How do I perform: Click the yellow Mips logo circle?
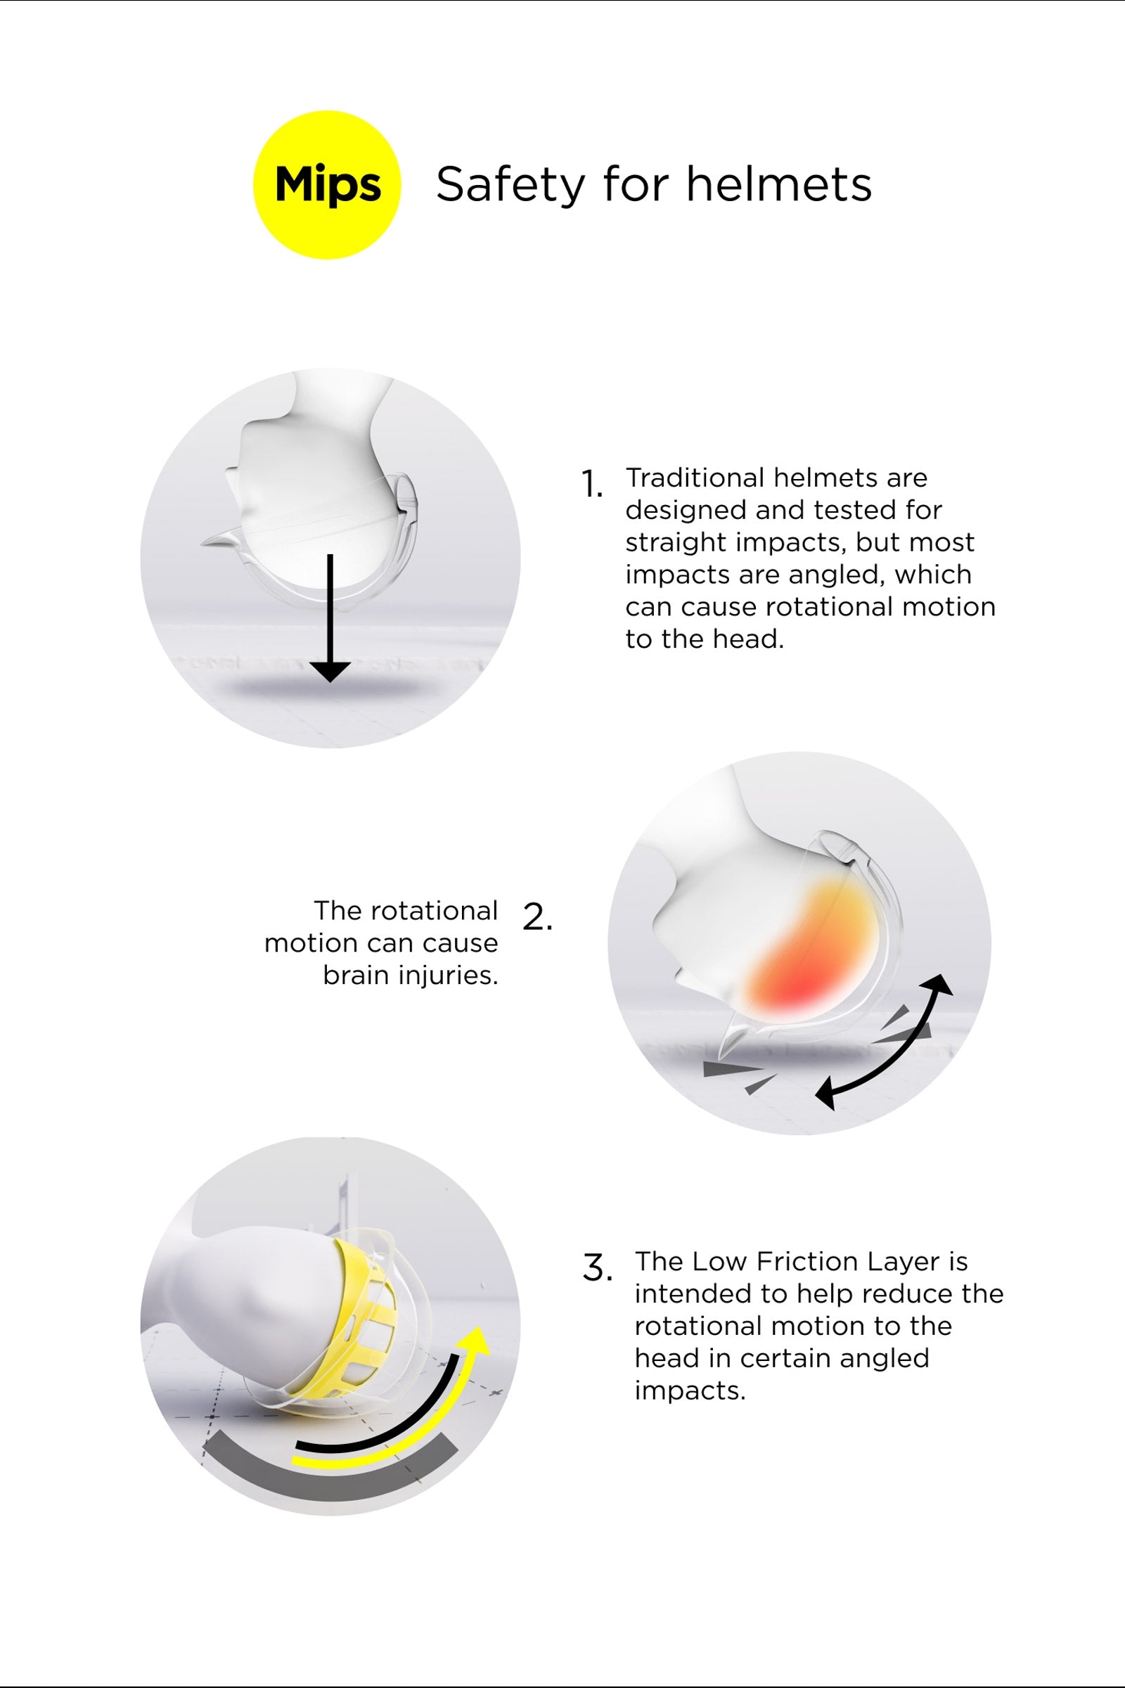tap(327, 184)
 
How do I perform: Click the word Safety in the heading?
tap(509, 185)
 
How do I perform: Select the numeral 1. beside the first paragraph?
tap(591, 485)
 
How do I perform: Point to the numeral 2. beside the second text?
tap(537, 917)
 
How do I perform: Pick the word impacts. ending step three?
tap(690, 1391)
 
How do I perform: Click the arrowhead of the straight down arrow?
tap(330, 672)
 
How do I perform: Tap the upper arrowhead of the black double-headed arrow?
tap(940, 985)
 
